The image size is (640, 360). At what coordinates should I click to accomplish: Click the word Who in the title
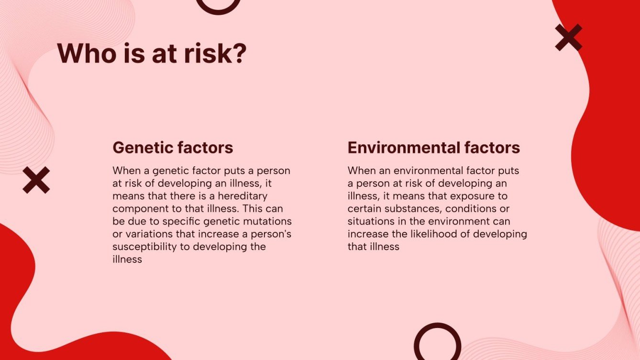87,53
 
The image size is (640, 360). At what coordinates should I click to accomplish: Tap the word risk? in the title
215,53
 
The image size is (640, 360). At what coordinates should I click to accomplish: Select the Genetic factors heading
173,148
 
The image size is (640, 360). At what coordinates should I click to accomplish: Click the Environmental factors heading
434,148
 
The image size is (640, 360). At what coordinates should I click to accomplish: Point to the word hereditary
243,196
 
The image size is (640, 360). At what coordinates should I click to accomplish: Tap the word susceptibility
144,247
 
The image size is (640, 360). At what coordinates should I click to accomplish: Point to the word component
141,209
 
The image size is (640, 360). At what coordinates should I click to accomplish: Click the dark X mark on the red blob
569,37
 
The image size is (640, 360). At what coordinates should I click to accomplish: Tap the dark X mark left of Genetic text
36,180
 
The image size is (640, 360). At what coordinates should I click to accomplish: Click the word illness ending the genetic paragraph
127,259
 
